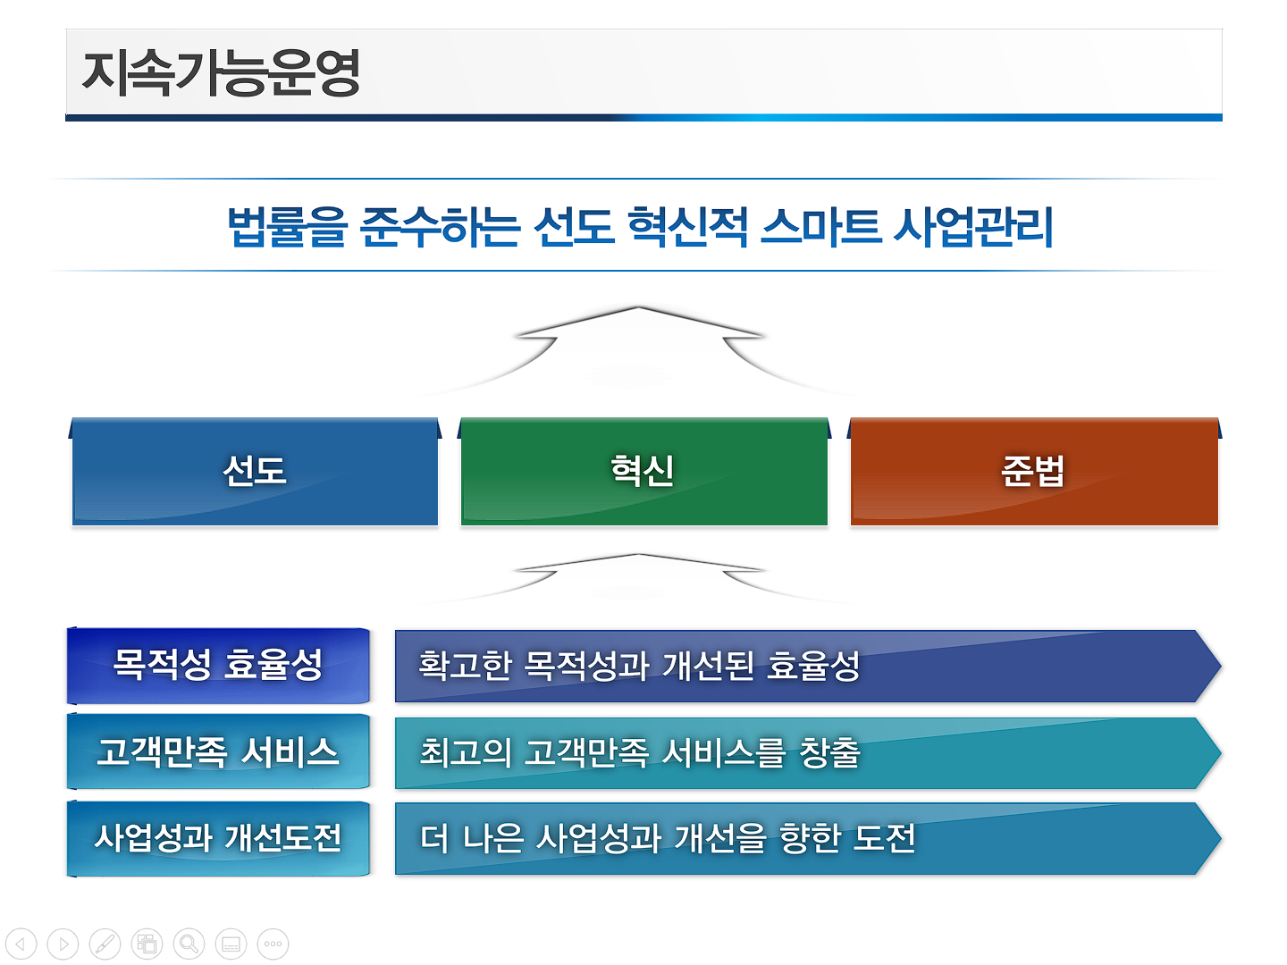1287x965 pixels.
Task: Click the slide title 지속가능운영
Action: click(x=221, y=72)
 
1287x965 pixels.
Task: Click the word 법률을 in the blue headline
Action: click(x=287, y=227)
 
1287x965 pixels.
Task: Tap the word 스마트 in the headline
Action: click(x=820, y=227)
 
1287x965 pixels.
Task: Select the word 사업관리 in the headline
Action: click(x=973, y=227)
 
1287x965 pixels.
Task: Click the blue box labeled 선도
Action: click(x=255, y=472)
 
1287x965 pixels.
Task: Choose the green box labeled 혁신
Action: click(x=643, y=472)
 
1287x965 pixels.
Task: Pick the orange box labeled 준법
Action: click(x=1034, y=472)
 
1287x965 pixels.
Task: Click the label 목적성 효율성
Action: click(x=218, y=665)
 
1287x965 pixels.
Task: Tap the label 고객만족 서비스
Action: click(x=218, y=751)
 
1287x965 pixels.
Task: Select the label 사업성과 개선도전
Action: click(x=218, y=838)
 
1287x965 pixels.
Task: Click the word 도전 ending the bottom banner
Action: click(x=884, y=838)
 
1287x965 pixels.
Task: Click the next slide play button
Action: click(x=63, y=944)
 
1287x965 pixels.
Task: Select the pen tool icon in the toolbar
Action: click(x=105, y=944)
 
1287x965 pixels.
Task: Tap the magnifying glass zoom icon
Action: click(x=189, y=944)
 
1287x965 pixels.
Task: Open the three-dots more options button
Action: click(x=273, y=944)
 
